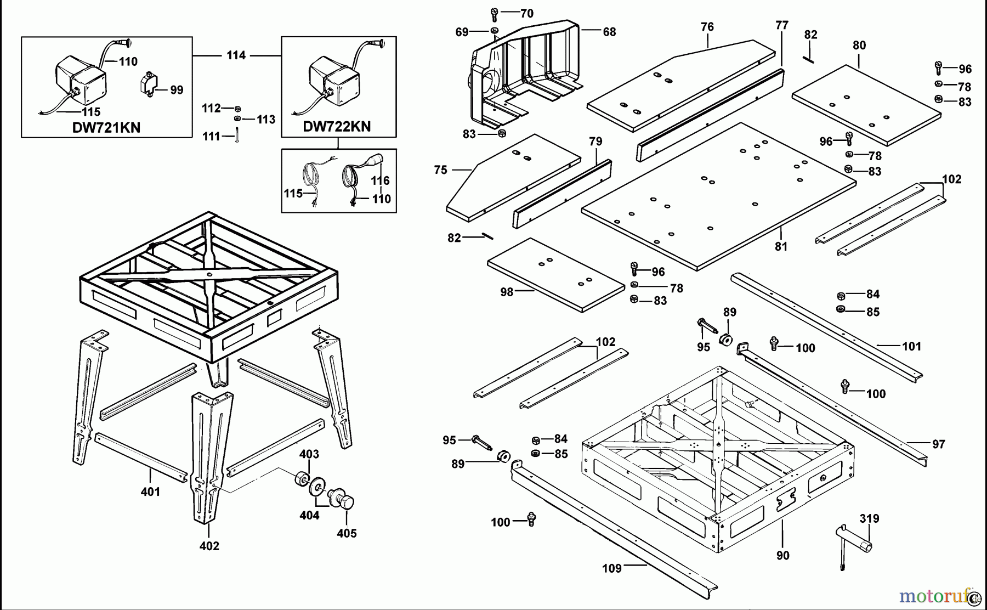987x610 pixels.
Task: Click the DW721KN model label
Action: tap(106, 128)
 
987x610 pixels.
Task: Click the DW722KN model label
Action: tap(337, 127)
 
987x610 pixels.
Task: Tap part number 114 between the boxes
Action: tap(236, 55)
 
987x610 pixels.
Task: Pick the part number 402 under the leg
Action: tap(209, 546)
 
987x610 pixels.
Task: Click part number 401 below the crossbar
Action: tap(150, 492)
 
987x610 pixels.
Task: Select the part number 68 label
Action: tap(609, 32)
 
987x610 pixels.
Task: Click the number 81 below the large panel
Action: tap(781, 247)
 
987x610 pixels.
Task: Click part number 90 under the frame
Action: tap(782, 555)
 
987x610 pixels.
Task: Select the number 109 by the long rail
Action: tap(612, 568)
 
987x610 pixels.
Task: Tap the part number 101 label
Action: tap(912, 346)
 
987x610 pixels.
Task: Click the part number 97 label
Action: tap(938, 444)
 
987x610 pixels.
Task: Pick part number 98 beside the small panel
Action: tap(507, 292)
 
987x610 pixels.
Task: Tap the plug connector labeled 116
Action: tap(374, 161)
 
